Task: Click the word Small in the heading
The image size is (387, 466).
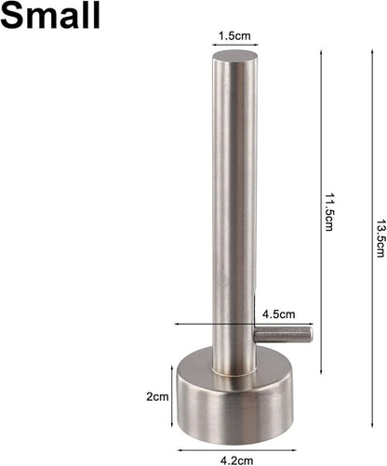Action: [x=50, y=14]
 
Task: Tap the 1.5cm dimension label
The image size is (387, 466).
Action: [x=234, y=36]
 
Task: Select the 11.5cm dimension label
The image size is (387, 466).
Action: [x=328, y=212]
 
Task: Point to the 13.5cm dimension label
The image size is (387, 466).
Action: [x=380, y=239]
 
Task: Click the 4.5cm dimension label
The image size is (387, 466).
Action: [x=279, y=314]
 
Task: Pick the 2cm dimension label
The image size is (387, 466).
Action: [x=157, y=396]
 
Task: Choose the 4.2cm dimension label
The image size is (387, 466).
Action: [x=237, y=460]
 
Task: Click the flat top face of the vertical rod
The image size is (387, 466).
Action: [x=235, y=57]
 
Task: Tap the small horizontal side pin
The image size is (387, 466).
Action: [x=283, y=336]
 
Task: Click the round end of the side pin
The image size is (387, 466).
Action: [x=310, y=335]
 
